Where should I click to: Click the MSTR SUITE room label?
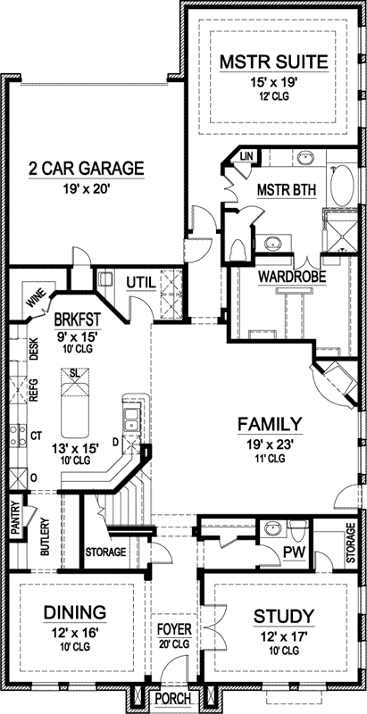(273, 62)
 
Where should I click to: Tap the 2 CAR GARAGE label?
(86, 168)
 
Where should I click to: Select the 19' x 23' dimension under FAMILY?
(270, 445)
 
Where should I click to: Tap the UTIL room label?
(141, 282)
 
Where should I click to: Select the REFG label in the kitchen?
(34, 389)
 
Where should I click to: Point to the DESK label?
(34, 350)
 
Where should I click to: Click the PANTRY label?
(15, 518)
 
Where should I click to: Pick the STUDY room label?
(284, 616)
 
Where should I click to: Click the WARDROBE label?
(292, 277)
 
